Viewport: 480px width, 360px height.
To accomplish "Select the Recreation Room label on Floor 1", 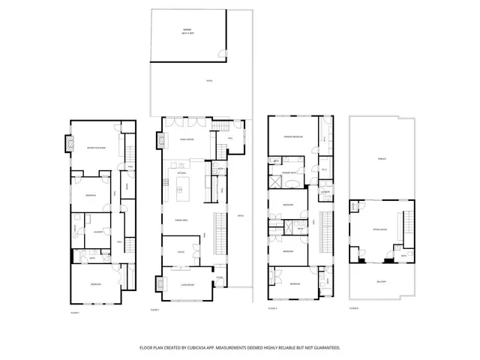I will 94,147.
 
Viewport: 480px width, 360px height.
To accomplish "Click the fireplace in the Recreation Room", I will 71,142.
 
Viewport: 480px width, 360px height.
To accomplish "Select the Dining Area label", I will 181,220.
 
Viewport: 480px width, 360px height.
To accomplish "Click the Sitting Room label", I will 379,229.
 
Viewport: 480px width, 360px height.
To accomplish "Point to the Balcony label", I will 381,281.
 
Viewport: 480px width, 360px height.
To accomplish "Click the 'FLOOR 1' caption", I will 74,311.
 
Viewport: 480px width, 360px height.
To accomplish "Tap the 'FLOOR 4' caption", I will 353,308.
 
